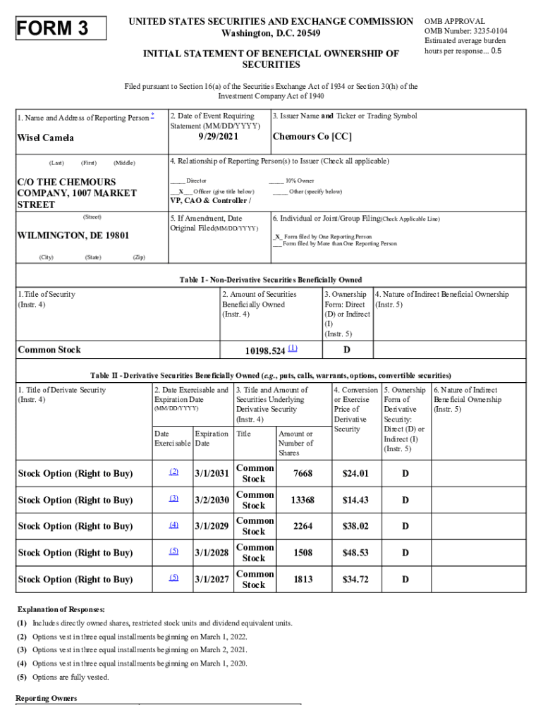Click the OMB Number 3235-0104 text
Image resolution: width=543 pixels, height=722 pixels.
click(465, 32)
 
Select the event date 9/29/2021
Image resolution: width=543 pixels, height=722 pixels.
click(219, 137)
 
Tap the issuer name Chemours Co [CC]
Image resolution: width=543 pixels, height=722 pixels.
click(312, 137)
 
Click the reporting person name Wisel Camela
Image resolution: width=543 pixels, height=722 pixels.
click(46, 138)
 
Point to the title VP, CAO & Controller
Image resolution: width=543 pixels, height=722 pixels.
click(210, 200)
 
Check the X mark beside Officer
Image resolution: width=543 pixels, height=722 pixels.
click(181, 192)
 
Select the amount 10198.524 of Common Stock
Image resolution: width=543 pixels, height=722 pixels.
click(264, 350)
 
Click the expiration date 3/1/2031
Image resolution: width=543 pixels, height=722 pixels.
click(212, 473)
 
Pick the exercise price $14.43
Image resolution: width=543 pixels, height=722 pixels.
click(355, 500)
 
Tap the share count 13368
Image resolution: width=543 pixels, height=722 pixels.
click(302, 500)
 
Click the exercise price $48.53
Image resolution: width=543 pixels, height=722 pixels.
click(355, 553)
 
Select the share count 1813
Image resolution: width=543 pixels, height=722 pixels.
click(303, 580)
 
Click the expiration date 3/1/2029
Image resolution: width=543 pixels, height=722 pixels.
click(212, 526)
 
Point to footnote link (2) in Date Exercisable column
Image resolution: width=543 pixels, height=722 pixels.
click(173, 472)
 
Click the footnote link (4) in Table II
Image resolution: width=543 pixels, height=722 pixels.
click(173, 525)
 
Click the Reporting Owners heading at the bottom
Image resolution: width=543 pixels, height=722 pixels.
click(46, 699)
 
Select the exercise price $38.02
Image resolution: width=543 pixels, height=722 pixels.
click(355, 526)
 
